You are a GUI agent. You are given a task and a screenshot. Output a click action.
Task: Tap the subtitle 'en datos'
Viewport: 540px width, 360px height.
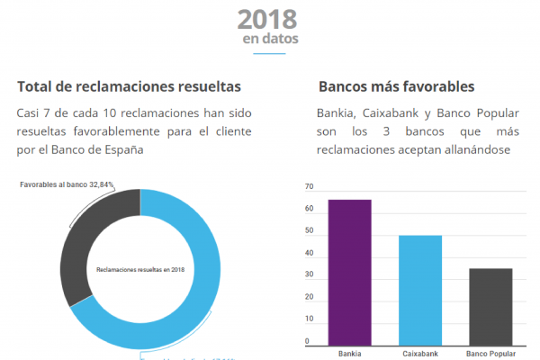(x=270, y=40)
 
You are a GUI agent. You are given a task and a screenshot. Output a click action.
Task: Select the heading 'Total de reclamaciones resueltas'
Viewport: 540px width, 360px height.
(x=129, y=87)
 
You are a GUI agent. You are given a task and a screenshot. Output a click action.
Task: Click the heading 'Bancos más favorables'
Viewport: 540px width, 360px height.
(x=396, y=87)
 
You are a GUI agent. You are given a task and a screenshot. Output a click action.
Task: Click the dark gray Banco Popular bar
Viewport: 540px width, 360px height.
(x=490, y=306)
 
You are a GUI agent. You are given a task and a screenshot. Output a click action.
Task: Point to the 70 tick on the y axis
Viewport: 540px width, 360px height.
(x=309, y=187)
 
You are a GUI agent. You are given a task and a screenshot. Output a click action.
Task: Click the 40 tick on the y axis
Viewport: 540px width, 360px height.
(x=309, y=254)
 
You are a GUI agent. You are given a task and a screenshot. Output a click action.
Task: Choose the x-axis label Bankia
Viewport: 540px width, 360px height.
(x=349, y=354)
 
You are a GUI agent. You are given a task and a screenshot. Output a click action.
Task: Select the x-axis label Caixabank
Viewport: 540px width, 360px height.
(x=420, y=354)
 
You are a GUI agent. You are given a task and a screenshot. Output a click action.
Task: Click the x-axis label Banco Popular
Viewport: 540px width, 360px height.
(x=490, y=354)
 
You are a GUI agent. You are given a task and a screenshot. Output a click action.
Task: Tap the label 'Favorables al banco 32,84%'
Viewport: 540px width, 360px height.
(x=68, y=184)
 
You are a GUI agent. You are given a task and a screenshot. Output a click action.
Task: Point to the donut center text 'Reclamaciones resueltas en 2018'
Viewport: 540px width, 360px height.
(x=139, y=269)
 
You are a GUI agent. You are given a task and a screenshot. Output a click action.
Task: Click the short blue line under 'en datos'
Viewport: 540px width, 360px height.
(x=270, y=54)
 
